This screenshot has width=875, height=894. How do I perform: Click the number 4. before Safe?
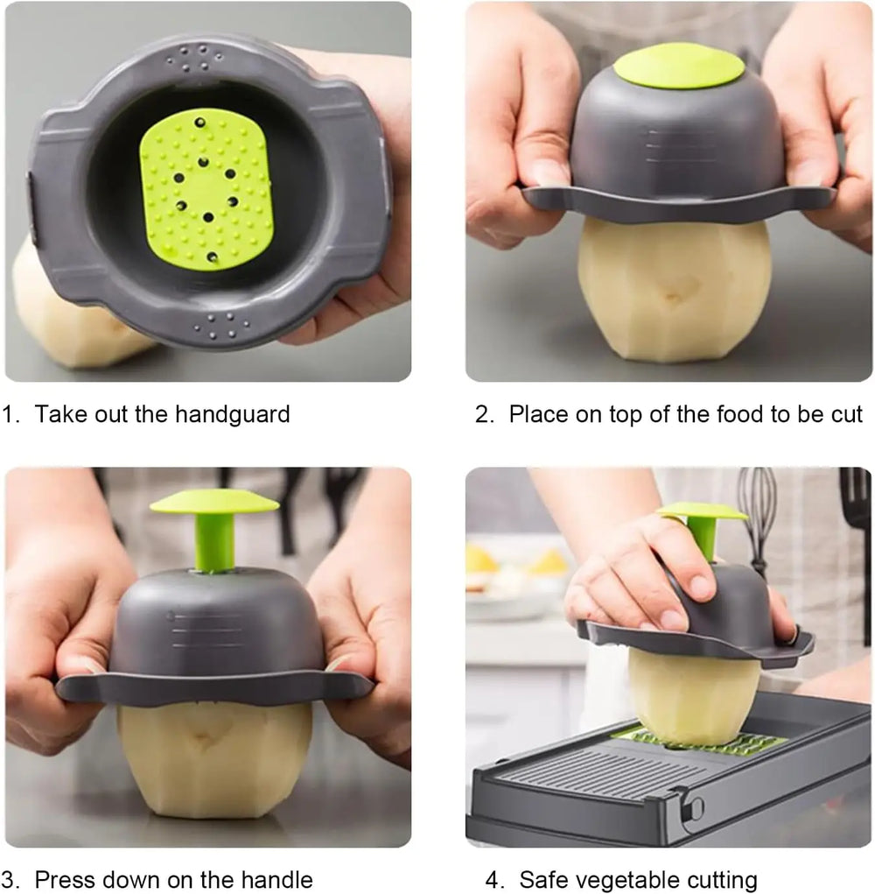494,878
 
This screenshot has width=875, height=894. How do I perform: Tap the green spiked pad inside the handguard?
207,188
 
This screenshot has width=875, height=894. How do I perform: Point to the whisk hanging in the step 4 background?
757,508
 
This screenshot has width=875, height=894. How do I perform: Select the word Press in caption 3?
64,878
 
